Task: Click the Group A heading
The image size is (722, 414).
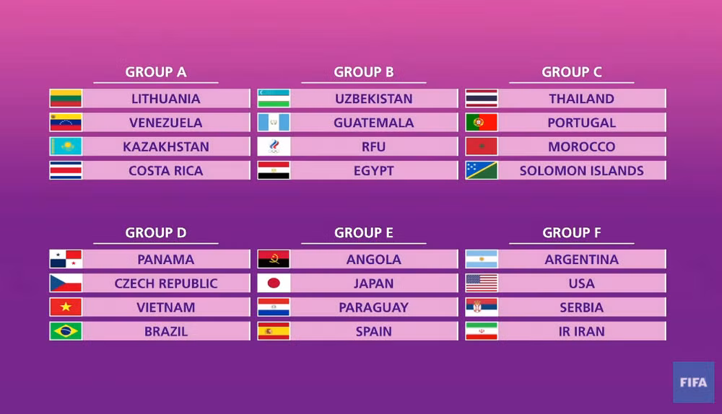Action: tap(156, 72)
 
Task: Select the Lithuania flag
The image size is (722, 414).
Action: tap(66, 99)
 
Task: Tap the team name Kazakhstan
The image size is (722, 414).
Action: tap(166, 147)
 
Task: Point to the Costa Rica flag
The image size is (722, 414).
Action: tap(66, 171)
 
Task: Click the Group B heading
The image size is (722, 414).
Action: tap(364, 72)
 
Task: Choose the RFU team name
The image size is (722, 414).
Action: tap(374, 147)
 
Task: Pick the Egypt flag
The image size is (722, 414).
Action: tap(274, 171)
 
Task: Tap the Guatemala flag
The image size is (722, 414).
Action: tap(274, 123)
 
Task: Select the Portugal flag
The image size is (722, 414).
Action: tap(482, 123)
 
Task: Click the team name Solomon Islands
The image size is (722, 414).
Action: tap(582, 171)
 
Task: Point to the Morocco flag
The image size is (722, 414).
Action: tap(482, 147)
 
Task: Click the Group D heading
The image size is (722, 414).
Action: tap(156, 233)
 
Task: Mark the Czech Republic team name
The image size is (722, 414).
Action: tap(166, 283)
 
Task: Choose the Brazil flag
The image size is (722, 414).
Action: tap(66, 332)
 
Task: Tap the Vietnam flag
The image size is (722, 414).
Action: tap(66, 308)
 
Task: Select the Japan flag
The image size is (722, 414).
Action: tap(274, 283)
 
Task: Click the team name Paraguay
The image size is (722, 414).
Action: tap(374, 308)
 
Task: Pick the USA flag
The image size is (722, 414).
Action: tap(482, 283)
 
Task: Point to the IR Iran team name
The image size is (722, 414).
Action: tap(582, 332)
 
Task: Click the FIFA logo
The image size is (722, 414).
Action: tap(694, 382)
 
